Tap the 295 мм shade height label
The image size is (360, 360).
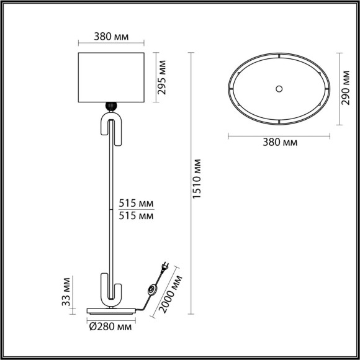(x=163, y=77)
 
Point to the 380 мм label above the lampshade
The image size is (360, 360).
(x=112, y=37)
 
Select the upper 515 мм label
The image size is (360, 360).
(x=136, y=204)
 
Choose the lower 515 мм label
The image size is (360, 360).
(x=136, y=216)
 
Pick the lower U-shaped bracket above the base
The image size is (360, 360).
(x=112, y=290)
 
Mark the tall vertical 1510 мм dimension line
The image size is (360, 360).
(x=190, y=181)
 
